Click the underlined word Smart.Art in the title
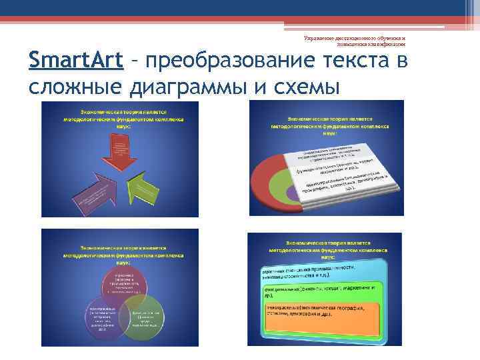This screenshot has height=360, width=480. [x=77, y=62]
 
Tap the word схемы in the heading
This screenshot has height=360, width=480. [x=307, y=87]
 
